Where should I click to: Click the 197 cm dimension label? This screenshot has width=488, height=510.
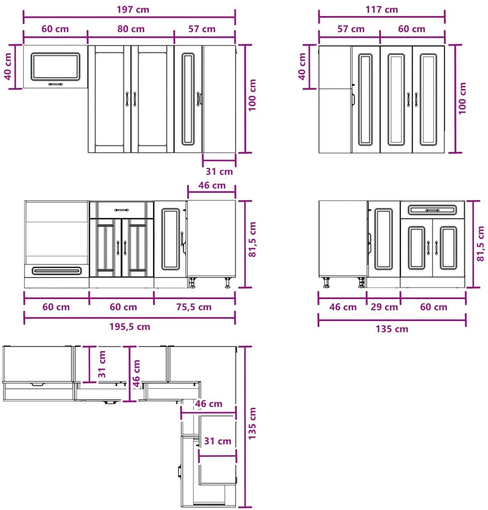click(133, 9)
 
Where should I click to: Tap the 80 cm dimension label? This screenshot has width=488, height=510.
click(131, 29)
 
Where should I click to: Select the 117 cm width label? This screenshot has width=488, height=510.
click(381, 9)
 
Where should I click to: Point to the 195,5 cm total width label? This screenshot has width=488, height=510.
click(130, 326)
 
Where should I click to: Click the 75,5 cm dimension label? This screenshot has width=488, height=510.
click(194, 307)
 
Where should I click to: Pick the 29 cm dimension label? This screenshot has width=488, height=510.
click(384, 307)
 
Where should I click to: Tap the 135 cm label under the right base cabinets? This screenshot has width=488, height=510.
click(392, 329)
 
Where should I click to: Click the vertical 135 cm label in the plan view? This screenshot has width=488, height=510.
click(252, 423)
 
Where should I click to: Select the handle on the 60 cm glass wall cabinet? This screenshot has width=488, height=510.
click(55, 84)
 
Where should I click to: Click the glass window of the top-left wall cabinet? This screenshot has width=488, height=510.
click(55, 67)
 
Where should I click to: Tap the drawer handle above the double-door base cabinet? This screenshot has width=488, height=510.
click(122, 210)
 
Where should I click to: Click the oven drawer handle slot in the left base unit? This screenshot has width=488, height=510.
click(57, 271)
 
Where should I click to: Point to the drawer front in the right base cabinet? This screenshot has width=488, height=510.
click(432, 210)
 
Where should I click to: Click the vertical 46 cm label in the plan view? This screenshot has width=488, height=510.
click(137, 373)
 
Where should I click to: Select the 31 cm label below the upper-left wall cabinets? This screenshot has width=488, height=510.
click(219, 172)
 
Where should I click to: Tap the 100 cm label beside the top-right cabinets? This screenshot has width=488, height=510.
click(462, 98)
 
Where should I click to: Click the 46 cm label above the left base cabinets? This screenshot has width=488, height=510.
click(212, 185)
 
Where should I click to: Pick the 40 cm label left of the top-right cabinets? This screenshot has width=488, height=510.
click(302, 66)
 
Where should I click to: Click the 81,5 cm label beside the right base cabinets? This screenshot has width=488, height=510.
click(481, 243)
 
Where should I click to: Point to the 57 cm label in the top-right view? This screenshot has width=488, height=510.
click(351, 29)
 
